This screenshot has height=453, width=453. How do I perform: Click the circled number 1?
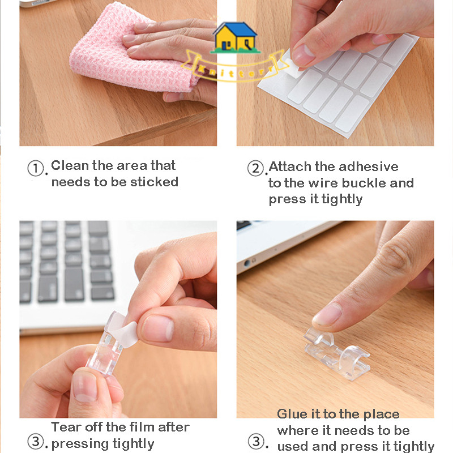(x=36, y=168)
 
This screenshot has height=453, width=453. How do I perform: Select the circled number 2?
(x=255, y=168)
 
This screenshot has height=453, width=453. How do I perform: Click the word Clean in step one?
(x=70, y=165)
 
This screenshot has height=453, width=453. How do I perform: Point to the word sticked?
(x=154, y=182)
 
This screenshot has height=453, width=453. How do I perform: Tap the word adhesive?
(x=369, y=166)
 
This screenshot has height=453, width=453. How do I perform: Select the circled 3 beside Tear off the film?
(x=36, y=442)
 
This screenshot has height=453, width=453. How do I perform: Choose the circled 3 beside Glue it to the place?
(x=256, y=442)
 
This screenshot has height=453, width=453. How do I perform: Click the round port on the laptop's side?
(x=247, y=263)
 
